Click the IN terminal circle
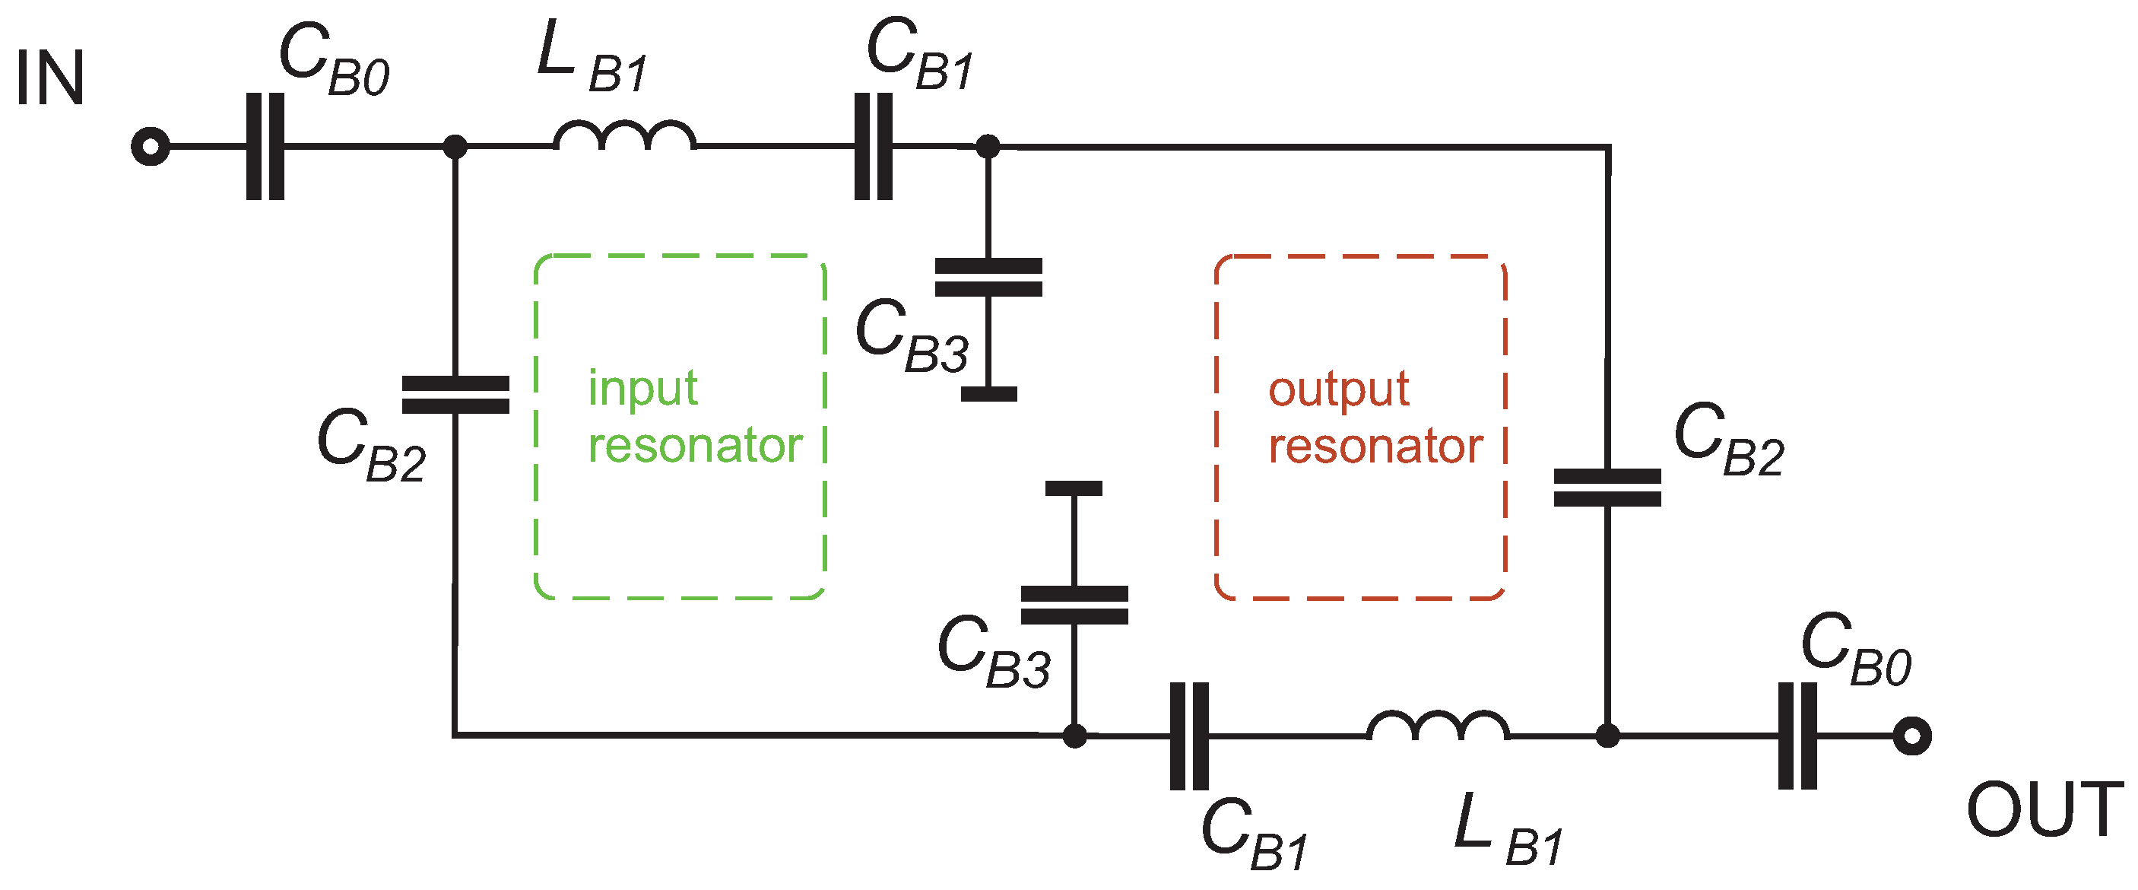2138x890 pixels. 151,147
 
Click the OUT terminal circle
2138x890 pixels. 1912,736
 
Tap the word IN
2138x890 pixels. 49,79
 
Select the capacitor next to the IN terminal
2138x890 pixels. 265,147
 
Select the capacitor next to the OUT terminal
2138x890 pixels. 1797,736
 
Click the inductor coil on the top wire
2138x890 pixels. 624,137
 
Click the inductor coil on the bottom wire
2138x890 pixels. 1438,726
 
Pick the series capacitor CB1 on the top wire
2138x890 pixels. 874,147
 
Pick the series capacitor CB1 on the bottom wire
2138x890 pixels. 1189,736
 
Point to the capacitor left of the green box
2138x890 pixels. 455,396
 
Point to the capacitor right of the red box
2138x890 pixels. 1607,488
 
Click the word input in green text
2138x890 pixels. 643,389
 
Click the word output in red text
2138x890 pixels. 1339,389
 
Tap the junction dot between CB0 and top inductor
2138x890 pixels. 455,147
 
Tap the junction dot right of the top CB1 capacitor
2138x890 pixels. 988,147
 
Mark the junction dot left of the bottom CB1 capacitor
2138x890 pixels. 1075,736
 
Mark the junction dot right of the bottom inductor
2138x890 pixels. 1607,736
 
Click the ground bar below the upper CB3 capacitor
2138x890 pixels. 988,394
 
